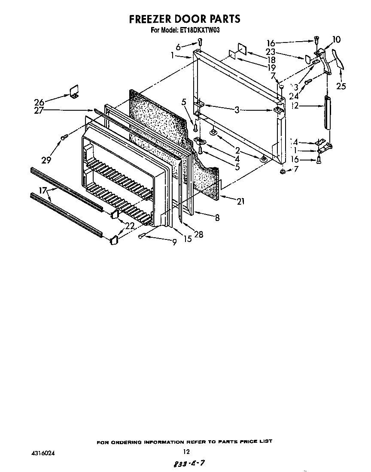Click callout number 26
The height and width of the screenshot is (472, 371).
coord(39,102)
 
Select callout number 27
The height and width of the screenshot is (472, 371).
coord(39,110)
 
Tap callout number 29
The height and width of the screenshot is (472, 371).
coord(46,160)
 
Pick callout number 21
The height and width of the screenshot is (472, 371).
coord(240,200)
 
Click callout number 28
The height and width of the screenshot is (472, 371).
coord(198,234)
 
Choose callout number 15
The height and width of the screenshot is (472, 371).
coord(187,239)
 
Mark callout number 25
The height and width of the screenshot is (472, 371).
coord(341,86)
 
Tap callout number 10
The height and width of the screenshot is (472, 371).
coord(336,40)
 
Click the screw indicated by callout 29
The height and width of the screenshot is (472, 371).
coord(64,137)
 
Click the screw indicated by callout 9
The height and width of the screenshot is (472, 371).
coord(142,236)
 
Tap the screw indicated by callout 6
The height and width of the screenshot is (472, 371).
coord(200,42)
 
